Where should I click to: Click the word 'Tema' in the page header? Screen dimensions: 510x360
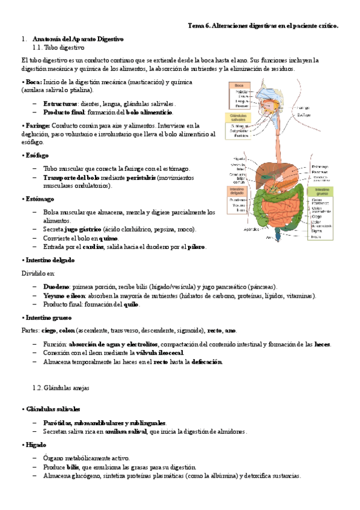pyautogui.click(x=197, y=26)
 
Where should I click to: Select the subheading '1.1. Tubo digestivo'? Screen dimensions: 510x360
pyautogui.click(x=59, y=47)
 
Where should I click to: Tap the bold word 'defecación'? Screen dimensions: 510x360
pyautogui.click(x=207, y=361)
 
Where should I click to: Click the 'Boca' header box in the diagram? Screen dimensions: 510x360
pyautogui.click(x=239, y=86)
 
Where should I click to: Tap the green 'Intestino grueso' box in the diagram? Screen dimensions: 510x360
pyautogui.click(x=320, y=192)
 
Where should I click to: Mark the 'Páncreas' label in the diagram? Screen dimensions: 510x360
pyautogui.click(x=319, y=172)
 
